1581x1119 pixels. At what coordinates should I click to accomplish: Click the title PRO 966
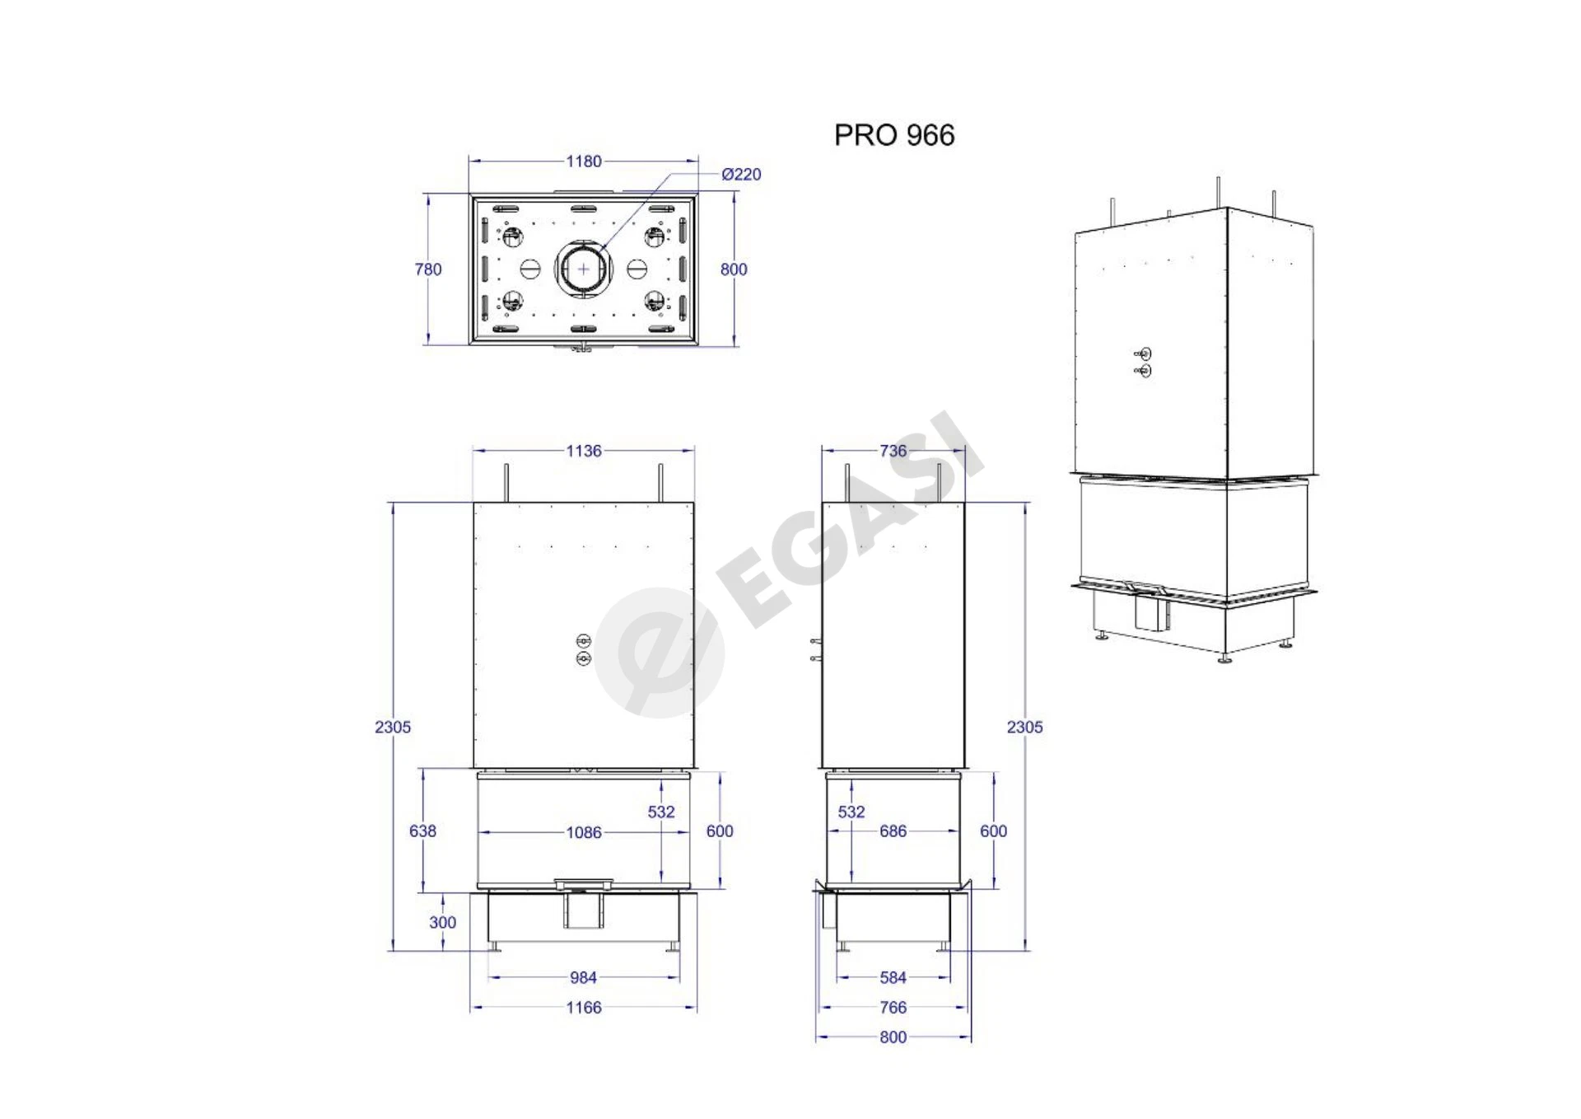pyautogui.click(x=894, y=135)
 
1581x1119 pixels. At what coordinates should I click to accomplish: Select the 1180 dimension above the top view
pyautogui.click(x=584, y=162)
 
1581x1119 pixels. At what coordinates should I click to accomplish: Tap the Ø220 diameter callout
pyautogui.click(x=741, y=175)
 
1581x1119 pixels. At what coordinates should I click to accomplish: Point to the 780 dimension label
pyautogui.click(x=428, y=269)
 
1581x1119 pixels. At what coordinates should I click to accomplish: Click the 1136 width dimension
pyautogui.click(x=584, y=451)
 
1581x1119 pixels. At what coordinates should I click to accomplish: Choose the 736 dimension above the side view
pyautogui.click(x=893, y=451)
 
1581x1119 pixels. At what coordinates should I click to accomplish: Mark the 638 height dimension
pyautogui.click(x=422, y=831)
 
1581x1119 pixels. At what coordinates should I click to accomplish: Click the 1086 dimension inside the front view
pyautogui.click(x=584, y=832)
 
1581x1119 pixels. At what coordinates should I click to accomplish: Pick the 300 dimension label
pyautogui.click(x=442, y=922)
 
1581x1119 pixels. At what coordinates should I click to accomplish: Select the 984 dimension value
pyautogui.click(x=583, y=977)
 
